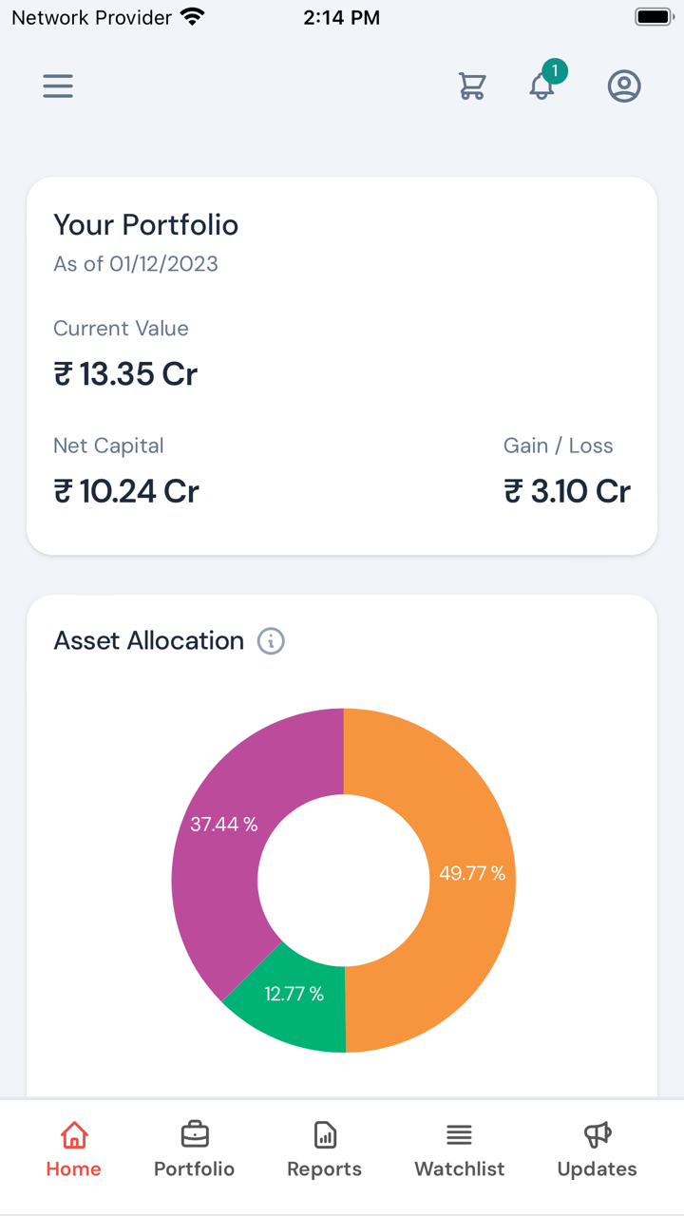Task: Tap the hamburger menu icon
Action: (58, 86)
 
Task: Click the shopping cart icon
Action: (472, 86)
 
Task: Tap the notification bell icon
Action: (542, 85)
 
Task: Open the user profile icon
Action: (624, 86)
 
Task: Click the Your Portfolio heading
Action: (145, 225)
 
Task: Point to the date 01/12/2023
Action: (163, 264)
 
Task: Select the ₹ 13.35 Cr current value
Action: (125, 374)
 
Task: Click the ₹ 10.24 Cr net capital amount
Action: (126, 491)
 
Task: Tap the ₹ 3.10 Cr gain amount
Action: (567, 491)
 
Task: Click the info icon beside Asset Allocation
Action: (271, 641)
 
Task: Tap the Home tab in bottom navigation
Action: (73, 1149)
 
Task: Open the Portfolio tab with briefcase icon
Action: (194, 1149)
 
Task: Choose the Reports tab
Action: (324, 1149)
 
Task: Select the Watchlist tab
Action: (459, 1149)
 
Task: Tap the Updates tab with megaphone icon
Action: (597, 1149)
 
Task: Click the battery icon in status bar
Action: (654, 17)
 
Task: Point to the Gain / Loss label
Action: (558, 446)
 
